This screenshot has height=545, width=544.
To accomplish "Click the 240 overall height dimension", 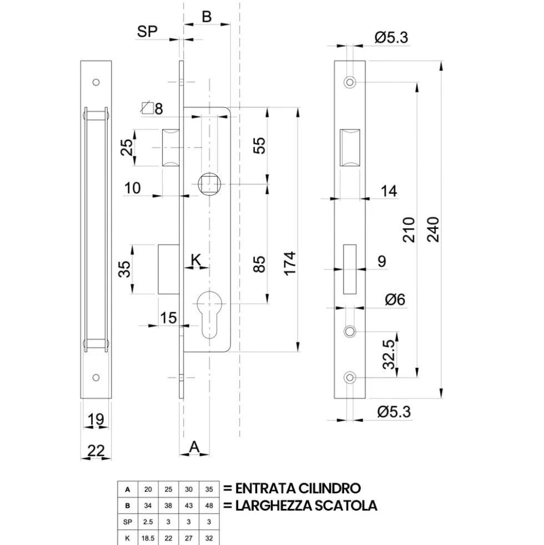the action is [x=433, y=229].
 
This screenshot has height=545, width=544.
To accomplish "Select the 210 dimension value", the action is [x=409, y=229].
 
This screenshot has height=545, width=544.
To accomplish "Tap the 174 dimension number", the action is [x=290, y=263].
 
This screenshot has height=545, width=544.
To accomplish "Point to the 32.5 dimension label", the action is [x=389, y=354].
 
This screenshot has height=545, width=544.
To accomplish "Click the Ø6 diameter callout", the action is [x=395, y=299].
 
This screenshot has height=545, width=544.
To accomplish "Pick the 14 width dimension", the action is [x=389, y=191].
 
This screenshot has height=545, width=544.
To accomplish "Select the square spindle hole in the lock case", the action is [x=209, y=184].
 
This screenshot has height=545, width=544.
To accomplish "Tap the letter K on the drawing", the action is [x=196, y=259].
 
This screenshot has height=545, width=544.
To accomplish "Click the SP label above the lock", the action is [x=147, y=31].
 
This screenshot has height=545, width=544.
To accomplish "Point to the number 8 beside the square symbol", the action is [x=159, y=109].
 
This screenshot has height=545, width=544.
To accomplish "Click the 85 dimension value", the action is [x=259, y=264].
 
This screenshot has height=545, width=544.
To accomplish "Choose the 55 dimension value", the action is [x=259, y=146].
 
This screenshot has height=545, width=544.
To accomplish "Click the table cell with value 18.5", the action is [x=148, y=538].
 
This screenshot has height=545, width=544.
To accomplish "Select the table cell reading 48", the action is [x=209, y=506].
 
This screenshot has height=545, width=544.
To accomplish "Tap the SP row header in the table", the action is [x=128, y=522].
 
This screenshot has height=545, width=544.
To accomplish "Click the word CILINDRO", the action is [x=329, y=488].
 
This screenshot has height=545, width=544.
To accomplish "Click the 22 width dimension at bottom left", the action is [x=95, y=451].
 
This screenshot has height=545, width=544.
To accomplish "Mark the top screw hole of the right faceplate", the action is [x=350, y=82].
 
